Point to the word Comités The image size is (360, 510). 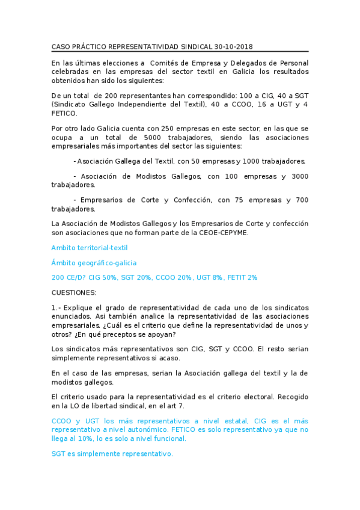tap(166, 63)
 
